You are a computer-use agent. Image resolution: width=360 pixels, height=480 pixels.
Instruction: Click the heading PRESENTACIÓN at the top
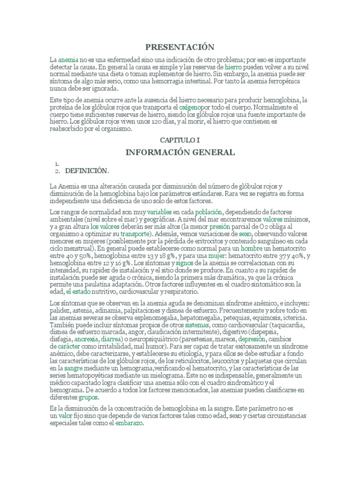pos(180,47)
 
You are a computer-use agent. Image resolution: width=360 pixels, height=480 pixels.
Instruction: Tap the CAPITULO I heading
pos(180,140)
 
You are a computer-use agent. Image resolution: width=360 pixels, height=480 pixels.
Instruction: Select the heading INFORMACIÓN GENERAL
pos(180,152)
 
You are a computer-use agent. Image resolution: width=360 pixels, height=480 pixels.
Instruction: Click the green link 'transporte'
pos(135,233)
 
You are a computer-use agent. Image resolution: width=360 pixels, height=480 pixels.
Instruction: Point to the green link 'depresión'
pos(252,339)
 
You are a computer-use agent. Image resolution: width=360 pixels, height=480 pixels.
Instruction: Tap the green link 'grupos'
pos(88,397)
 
